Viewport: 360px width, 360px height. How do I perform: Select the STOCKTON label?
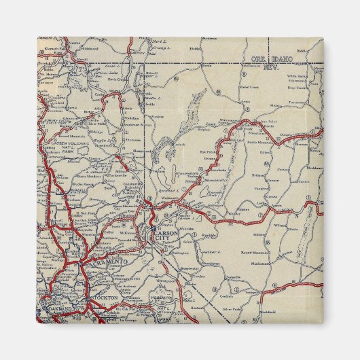click(107, 298)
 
